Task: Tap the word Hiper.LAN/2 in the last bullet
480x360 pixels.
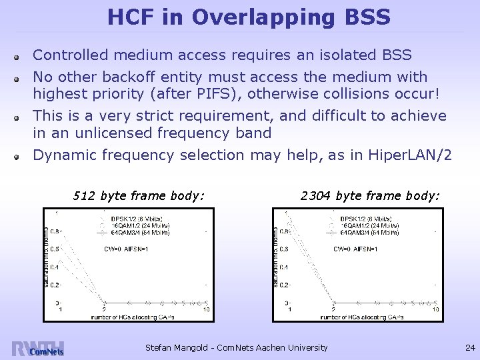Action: tap(409, 155)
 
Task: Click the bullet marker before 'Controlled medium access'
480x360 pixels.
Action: tap(22, 56)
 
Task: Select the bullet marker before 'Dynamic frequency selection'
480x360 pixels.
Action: tap(22, 156)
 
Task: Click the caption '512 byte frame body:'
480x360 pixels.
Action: tap(138, 195)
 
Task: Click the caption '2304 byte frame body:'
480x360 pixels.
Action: tap(370, 195)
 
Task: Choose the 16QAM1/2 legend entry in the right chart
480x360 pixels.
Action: tap(369, 225)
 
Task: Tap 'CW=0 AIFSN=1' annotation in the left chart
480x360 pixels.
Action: tap(126, 249)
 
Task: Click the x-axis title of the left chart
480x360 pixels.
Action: tap(133, 316)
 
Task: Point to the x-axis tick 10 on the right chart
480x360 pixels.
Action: tap(435, 309)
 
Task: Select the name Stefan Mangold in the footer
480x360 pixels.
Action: tap(181, 347)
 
